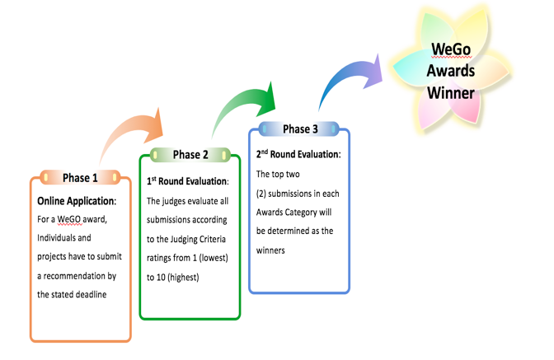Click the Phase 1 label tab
pyautogui.click(x=80, y=178)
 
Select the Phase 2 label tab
pyautogui.click(x=190, y=155)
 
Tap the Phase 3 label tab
pyautogui.click(x=299, y=129)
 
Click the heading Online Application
pyautogui.click(x=77, y=201)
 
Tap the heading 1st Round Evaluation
pyautogui.click(x=188, y=181)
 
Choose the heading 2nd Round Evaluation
pyautogui.click(x=298, y=154)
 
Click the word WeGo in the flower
pyautogui.click(x=451, y=49)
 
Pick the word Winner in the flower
pyautogui.click(x=451, y=93)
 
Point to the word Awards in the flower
pyautogui.click(x=451, y=71)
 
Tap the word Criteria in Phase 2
pyautogui.click(x=213, y=239)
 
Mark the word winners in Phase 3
pyautogui.click(x=270, y=250)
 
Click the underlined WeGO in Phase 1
pyautogui.click(x=69, y=219)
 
